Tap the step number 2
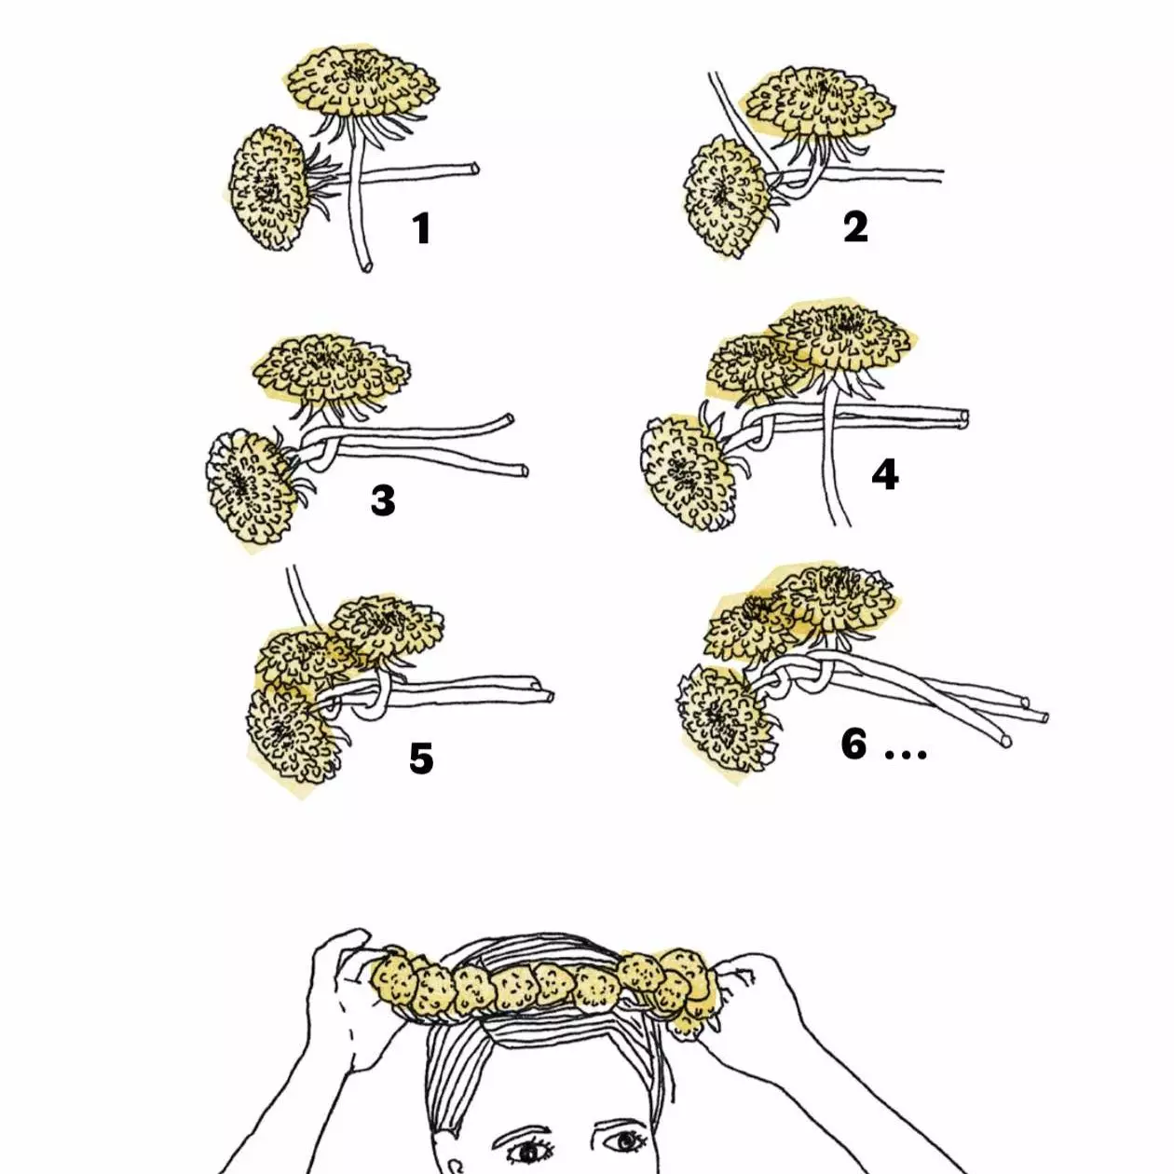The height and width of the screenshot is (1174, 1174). point(854,227)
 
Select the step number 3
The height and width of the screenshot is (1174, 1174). point(383,500)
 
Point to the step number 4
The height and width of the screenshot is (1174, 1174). point(884,474)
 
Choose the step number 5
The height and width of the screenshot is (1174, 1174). point(421,758)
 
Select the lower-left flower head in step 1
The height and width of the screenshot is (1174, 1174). point(267,187)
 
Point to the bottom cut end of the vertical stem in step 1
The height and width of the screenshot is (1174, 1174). point(366,266)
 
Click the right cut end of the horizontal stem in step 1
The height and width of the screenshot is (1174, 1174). point(474,169)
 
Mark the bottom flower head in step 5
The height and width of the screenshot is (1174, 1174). point(293,736)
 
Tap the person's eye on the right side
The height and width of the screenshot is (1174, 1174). point(625,1140)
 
